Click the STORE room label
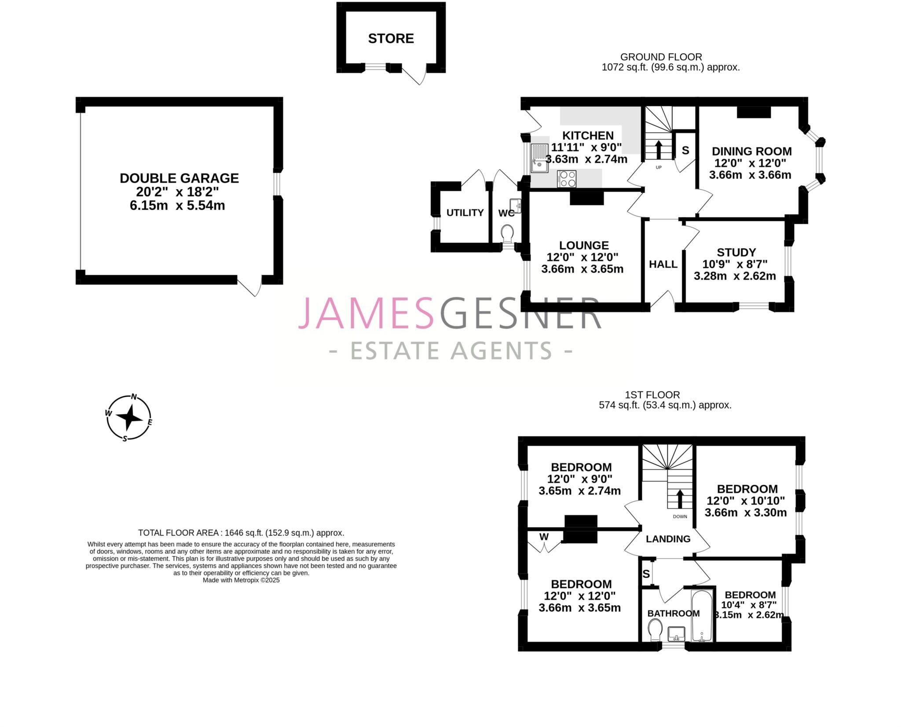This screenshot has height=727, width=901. (x=391, y=39)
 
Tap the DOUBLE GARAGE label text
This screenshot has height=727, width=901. (x=179, y=178)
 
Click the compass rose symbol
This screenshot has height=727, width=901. (x=129, y=417)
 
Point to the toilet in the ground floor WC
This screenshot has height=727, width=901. (x=507, y=234)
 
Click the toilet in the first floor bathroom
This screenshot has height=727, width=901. (x=655, y=630)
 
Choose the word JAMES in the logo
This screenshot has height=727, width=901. (x=366, y=313)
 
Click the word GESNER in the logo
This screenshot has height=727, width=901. (x=520, y=313)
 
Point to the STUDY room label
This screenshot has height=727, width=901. (x=736, y=252)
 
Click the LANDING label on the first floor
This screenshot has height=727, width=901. (x=668, y=539)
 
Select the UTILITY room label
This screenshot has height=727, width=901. (x=465, y=213)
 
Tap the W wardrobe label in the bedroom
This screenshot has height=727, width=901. (x=544, y=537)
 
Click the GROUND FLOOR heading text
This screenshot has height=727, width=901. (x=661, y=57)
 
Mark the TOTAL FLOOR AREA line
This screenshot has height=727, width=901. (x=241, y=533)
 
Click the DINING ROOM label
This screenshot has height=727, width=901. (x=751, y=151)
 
